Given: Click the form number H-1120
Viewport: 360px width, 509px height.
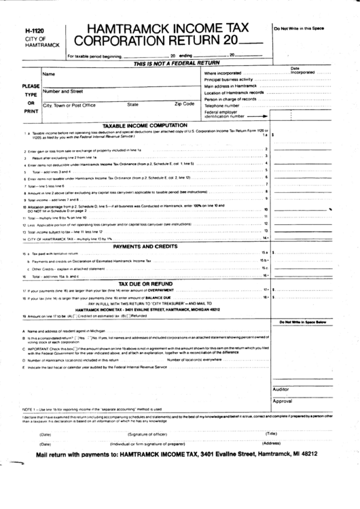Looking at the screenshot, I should (x=33, y=31).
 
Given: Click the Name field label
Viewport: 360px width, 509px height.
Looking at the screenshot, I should (x=48, y=73).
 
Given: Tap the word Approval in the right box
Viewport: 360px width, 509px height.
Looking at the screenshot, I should (x=283, y=401).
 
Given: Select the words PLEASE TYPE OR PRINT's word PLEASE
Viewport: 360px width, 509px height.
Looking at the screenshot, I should (x=31, y=86).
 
